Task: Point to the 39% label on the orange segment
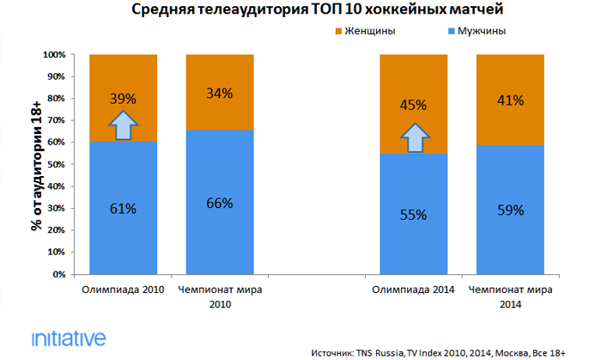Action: [123, 99]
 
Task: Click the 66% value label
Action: [220, 203]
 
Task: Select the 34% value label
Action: [220, 94]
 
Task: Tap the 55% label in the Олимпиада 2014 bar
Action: [414, 215]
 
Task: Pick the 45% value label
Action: [414, 106]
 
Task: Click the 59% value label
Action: [511, 210]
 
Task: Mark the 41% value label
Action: [511, 101]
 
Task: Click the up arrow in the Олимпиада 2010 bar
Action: [123, 125]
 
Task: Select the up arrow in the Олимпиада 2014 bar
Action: [414, 137]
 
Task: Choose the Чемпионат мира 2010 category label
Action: [220, 296]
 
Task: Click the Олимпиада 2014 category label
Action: [414, 290]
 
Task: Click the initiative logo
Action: [68, 337]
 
